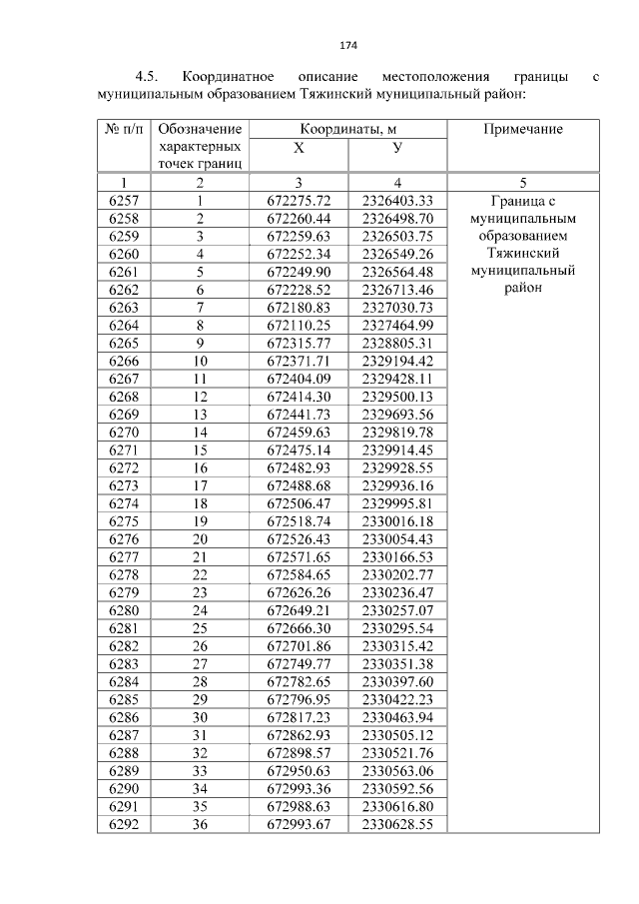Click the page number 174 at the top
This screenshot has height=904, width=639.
pos(348,45)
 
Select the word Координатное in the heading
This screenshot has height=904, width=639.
pos(234,76)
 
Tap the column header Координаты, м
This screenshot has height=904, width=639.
pos(347,129)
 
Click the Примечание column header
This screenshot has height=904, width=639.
pos(523,129)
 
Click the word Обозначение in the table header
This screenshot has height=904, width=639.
pos(200,129)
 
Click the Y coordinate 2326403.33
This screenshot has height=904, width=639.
pos(397,200)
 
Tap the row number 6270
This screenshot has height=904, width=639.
pos(124,433)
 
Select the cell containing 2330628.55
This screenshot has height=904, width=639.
pos(397,824)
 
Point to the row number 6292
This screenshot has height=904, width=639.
pos(124,824)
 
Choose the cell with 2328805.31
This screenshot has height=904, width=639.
pos(397,343)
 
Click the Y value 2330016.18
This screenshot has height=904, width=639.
pos(397,521)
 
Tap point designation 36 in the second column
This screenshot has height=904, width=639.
pos(200,824)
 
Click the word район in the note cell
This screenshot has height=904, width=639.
pos(523,289)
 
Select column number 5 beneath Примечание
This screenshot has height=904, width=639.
pos(523,182)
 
